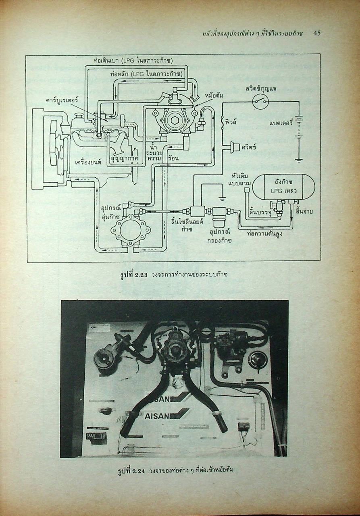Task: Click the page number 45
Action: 317,33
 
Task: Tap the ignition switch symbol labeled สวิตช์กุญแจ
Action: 260,102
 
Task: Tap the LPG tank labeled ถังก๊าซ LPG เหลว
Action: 278,186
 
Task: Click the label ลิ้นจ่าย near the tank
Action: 304,211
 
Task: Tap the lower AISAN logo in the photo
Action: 166,416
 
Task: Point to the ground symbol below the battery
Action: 298,160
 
